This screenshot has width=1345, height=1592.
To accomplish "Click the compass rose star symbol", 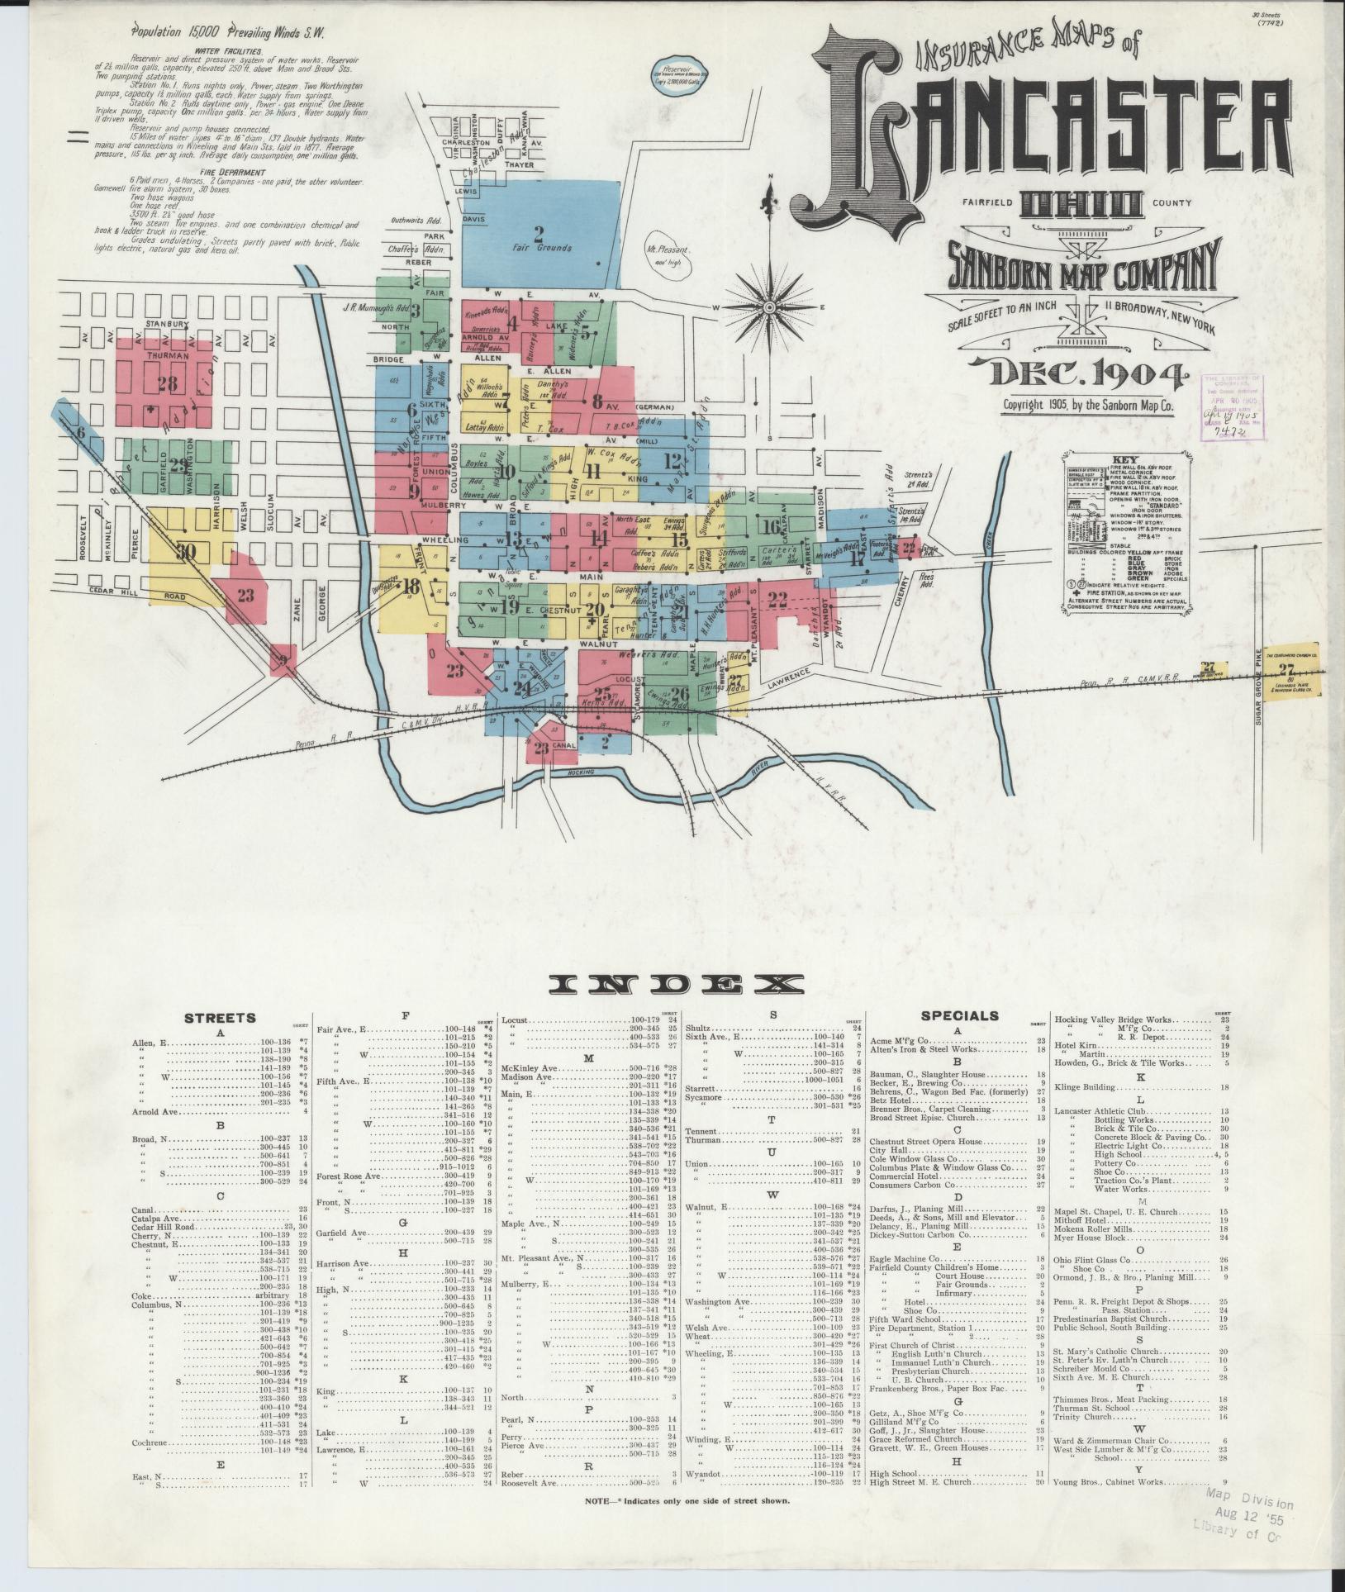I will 770,308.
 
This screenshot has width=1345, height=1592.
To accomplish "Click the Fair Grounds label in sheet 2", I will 541,248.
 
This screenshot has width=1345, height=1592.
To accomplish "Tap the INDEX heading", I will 678,984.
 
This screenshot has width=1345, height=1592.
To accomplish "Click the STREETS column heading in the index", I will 220,1018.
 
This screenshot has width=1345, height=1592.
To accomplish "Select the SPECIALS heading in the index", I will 959,1016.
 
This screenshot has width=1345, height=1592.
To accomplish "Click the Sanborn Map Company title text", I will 1083,265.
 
